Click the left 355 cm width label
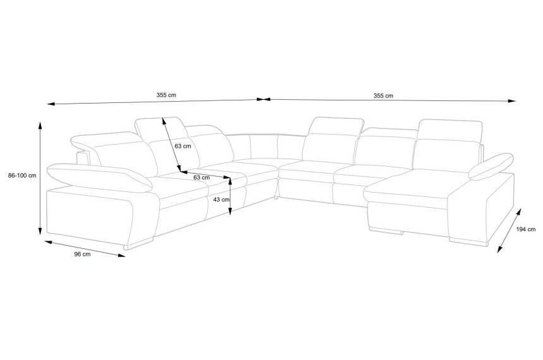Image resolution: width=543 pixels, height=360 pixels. click(166, 95)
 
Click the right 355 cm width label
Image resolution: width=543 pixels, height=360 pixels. click(383, 95)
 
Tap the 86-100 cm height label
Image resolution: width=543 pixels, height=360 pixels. click(22, 176)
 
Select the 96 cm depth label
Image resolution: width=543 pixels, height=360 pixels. click(83, 254)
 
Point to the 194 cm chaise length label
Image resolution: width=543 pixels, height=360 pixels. click(526, 229)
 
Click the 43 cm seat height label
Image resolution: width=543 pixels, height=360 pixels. click(221, 199)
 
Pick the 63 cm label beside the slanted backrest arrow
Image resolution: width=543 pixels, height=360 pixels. click(182, 146)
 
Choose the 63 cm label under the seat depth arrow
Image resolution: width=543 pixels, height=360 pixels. click(201, 177)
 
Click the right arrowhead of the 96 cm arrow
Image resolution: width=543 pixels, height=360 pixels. click(124, 256)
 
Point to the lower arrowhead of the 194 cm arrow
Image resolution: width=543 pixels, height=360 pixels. click(498, 251)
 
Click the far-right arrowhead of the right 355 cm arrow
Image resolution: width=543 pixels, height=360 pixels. click(515, 101)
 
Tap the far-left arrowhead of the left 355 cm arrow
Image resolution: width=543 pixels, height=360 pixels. click(49, 104)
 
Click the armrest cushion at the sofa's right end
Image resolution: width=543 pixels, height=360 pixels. click(491, 167)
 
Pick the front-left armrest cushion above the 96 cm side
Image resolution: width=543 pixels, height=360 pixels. click(99, 177)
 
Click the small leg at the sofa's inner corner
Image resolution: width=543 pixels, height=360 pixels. click(276, 198)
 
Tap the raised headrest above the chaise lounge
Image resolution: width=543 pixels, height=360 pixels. click(450, 130)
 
